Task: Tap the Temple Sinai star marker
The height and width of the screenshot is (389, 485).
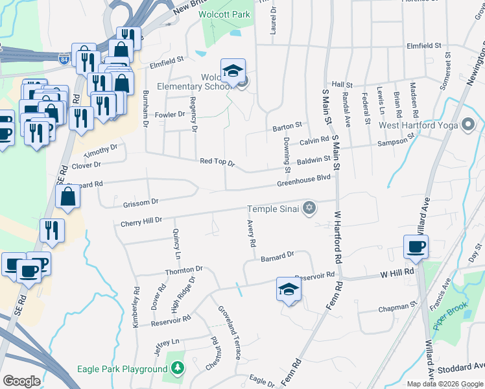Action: (310, 208)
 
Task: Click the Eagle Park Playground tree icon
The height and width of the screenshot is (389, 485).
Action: (177, 369)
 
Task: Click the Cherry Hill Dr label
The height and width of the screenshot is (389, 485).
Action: (141, 222)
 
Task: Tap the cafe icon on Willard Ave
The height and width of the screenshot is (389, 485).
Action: (416, 246)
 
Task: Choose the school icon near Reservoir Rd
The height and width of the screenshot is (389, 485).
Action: (289, 289)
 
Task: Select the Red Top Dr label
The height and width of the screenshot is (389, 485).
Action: (217, 161)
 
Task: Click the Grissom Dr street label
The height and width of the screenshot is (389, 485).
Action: (141, 203)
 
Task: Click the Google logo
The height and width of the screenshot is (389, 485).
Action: (21, 381)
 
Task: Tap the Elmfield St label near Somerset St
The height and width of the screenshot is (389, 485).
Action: (423, 46)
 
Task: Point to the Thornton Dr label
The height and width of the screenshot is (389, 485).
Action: (184, 269)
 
